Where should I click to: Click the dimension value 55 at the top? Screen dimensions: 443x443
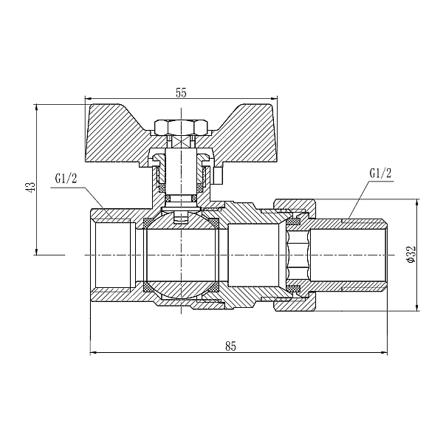[182, 93]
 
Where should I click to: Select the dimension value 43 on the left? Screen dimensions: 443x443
[31, 186]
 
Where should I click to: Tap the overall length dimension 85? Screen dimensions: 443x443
[230, 346]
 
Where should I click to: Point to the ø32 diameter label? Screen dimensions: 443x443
[411, 254]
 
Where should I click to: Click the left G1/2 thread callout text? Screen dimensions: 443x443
[66, 179]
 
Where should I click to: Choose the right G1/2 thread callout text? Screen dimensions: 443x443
[380, 174]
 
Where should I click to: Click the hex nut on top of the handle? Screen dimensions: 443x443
[181, 127]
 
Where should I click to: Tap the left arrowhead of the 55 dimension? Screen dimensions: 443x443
[89, 99]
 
